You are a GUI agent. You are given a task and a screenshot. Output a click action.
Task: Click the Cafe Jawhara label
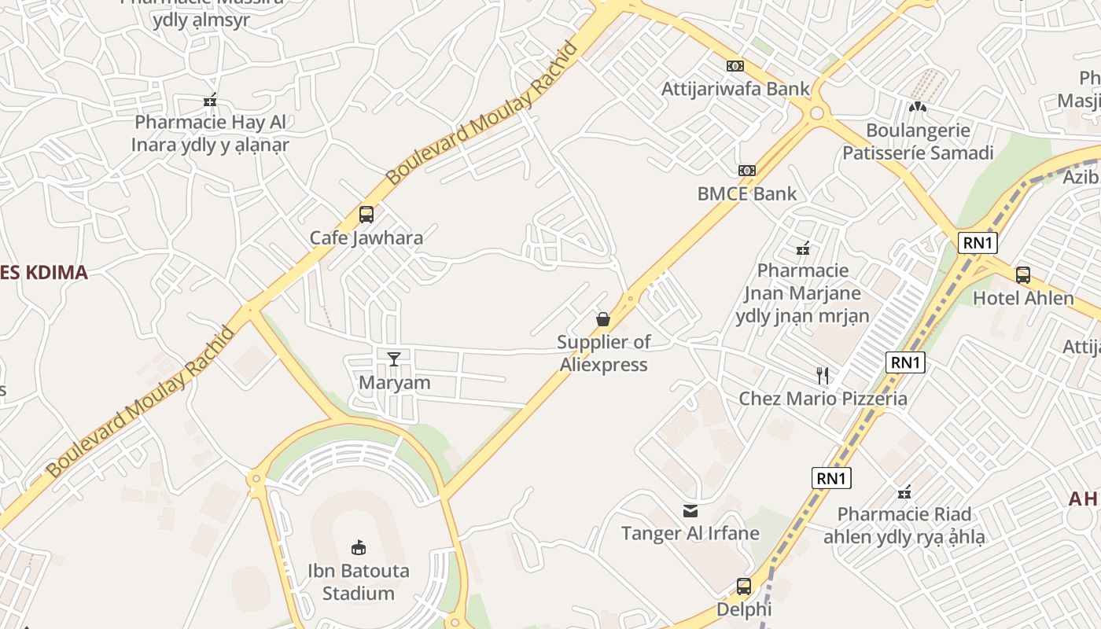(x=366, y=237)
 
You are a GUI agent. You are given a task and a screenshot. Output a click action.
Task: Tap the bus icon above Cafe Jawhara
(x=366, y=214)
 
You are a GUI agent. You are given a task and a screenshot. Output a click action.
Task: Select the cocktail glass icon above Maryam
(x=394, y=359)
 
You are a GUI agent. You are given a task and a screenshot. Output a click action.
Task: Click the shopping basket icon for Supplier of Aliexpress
(x=603, y=319)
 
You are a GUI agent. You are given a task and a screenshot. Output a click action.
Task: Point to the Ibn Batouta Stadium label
(x=359, y=582)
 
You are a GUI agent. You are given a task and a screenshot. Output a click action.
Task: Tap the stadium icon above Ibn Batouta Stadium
(x=359, y=547)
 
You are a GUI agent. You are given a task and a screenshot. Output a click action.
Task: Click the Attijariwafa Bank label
(x=735, y=89)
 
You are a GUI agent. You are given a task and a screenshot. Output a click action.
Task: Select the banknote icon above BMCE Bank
(x=746, y=171)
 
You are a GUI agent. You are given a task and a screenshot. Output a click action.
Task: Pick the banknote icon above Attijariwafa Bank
(x=735, y=66)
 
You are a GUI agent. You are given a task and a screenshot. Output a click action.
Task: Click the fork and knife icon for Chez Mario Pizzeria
(x=823, y=375)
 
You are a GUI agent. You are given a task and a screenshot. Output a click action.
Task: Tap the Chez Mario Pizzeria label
(x=823, y=399)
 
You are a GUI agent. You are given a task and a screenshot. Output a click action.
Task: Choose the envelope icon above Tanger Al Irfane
(x=690, y=511)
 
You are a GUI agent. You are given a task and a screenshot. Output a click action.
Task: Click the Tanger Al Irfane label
(x=690, y=534)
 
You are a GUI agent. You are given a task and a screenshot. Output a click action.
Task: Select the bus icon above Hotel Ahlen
(x=1023, y=275)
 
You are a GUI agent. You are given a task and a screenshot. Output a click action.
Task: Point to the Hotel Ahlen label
(x=1023, y=299)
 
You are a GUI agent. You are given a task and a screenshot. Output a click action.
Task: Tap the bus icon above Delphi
(x=744, y=587)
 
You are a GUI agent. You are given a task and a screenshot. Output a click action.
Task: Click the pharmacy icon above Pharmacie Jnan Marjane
(x=803, y=248)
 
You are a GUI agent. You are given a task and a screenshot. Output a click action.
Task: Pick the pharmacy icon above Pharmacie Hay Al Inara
(x=210, y=100)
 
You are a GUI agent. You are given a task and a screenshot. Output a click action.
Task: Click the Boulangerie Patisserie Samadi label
(x=918, y=142)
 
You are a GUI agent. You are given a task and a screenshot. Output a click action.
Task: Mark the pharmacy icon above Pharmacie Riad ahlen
(x=904, y=492)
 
